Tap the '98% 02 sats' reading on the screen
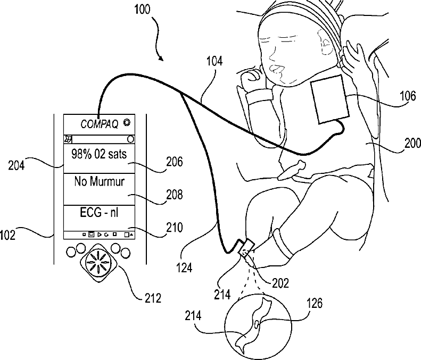coord(100,156)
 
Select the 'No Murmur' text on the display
coord(100,182)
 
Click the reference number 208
coord(171,194)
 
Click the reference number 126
coord(314,304)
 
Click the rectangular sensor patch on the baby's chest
coord(331,99)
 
